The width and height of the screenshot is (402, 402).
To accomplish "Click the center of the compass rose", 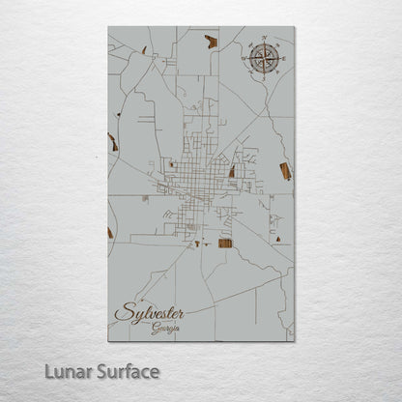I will [262, 59].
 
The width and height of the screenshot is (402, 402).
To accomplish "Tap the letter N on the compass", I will [262, 40].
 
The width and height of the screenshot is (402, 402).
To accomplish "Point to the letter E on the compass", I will [280, 59].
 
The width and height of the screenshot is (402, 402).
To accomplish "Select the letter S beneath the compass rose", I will [262, 78].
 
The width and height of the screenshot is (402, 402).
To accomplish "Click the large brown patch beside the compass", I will [211, 42].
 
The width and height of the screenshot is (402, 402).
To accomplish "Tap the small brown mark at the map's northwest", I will [144, 49].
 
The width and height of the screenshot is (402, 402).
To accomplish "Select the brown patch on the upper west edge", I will [113, 142].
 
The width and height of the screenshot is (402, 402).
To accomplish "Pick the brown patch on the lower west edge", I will [110, 232].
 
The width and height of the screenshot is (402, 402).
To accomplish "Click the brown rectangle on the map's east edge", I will [285, 171].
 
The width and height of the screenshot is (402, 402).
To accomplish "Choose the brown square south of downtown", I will [225, 243].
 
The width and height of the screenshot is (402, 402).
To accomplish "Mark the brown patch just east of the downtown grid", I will [232, 171].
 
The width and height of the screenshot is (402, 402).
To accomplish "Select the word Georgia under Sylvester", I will [164, 330].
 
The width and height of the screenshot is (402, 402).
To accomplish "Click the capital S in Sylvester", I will [123, 314].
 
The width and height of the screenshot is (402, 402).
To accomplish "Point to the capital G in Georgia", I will [154, 330].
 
